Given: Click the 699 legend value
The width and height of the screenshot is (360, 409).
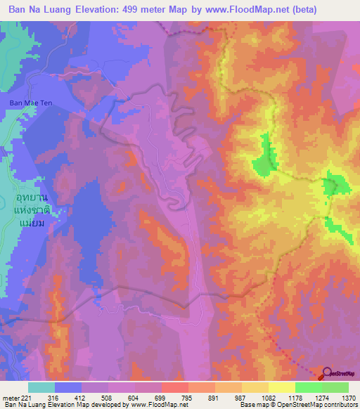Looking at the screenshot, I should pos(161,397).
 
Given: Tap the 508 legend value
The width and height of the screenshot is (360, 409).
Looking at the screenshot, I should pos(108,397).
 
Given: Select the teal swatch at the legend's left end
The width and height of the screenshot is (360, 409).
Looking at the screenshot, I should pos(41,387).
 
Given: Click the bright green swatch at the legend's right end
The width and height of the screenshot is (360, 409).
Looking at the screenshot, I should pos(335,387).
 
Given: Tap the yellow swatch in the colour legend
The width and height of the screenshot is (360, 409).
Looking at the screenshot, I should pos(281,387).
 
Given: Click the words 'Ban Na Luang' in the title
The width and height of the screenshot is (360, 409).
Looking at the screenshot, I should pos(38,9).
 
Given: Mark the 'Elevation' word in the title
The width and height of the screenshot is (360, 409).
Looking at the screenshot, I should pos(93,9).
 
